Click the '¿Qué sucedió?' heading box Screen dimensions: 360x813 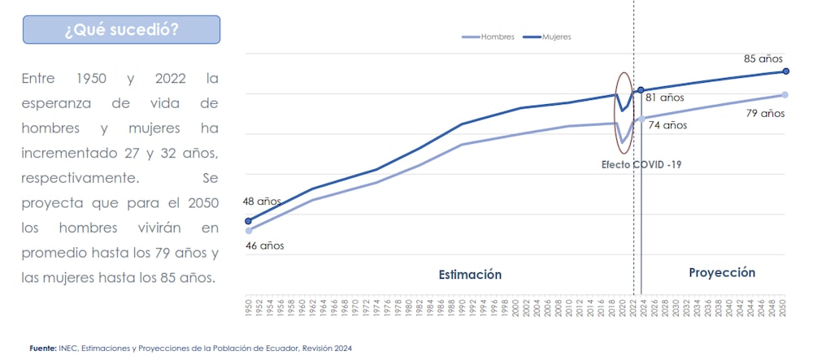(121, 30)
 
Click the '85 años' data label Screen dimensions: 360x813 (763, 59)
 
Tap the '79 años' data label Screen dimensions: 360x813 (764, 113)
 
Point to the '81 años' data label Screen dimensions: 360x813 (664, 98)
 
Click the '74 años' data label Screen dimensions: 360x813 (667, 125)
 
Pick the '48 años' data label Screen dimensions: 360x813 (262, 202)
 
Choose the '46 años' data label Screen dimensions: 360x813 (264, 245)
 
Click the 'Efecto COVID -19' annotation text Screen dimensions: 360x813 (641, 164)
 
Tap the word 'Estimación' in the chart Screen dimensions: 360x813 (470, 275)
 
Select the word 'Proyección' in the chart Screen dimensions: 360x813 (722, 273)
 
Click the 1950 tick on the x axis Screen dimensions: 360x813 (249, 307)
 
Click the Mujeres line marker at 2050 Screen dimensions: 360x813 (785, 72)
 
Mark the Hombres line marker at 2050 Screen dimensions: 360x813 (785, 95)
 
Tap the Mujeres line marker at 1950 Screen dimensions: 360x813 (249, 220)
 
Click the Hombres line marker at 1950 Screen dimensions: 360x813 (249, 231)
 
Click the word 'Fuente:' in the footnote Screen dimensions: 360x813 (42, 348)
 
